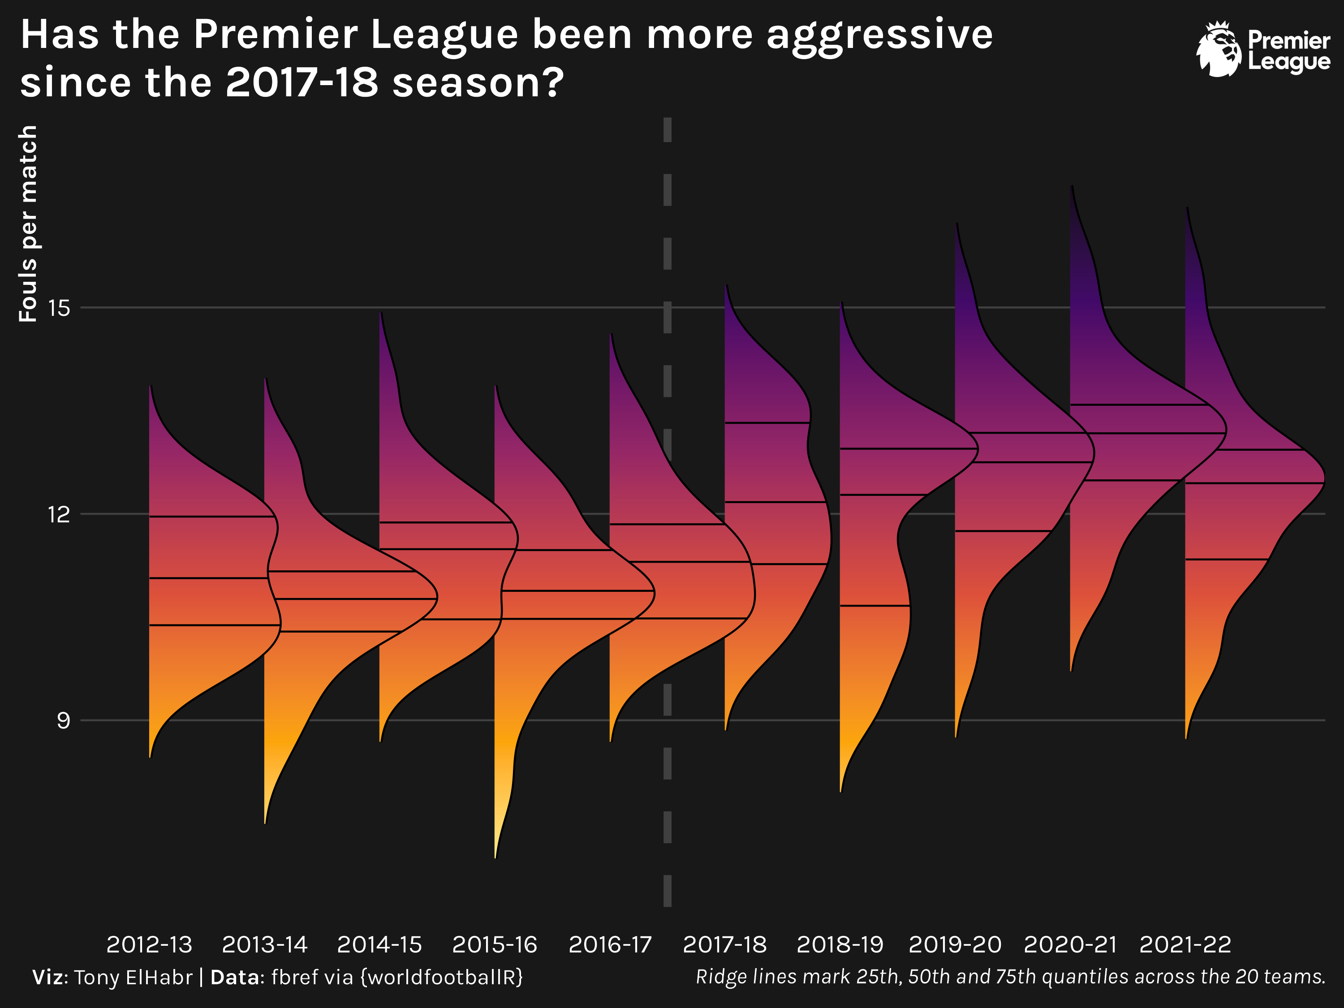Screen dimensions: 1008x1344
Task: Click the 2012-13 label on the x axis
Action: pyautogui.click(x=150, y=945)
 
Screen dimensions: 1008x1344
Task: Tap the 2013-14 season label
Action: pyautogui.click(x=264, y=945)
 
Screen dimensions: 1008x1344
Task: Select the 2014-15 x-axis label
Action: pyautogui.click(x=380, y=945)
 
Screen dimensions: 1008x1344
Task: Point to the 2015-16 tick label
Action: pyautogui.click(x=495, y=945)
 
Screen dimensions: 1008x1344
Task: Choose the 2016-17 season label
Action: pyautogui.click(x=610, y=945)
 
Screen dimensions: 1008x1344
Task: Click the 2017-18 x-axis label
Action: pyautogui.click(x=725, y=945)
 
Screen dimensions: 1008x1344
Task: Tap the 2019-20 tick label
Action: pyautogui.click(x=955, y=945)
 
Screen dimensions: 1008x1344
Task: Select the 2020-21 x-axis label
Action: pyautogui.click(x=1071, y=945)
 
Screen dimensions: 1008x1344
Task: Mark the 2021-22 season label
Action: pyautogui.click(x=1185, y=945)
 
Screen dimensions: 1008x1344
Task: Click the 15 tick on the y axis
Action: pyautogui.click(x=60, y=308)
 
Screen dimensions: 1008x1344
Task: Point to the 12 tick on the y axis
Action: pyautogui.click(x=60, y=515)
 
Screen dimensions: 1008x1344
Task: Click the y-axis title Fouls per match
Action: pyautogui.click(x=28, y=224)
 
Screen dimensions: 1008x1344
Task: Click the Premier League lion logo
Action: pyautogui.click(x=1219, y=50)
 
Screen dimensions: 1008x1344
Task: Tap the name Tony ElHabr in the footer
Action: pyautogui.click(x=134, y=978)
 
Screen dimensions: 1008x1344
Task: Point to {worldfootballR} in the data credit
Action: pyautogui.click(x=442, y=978)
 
